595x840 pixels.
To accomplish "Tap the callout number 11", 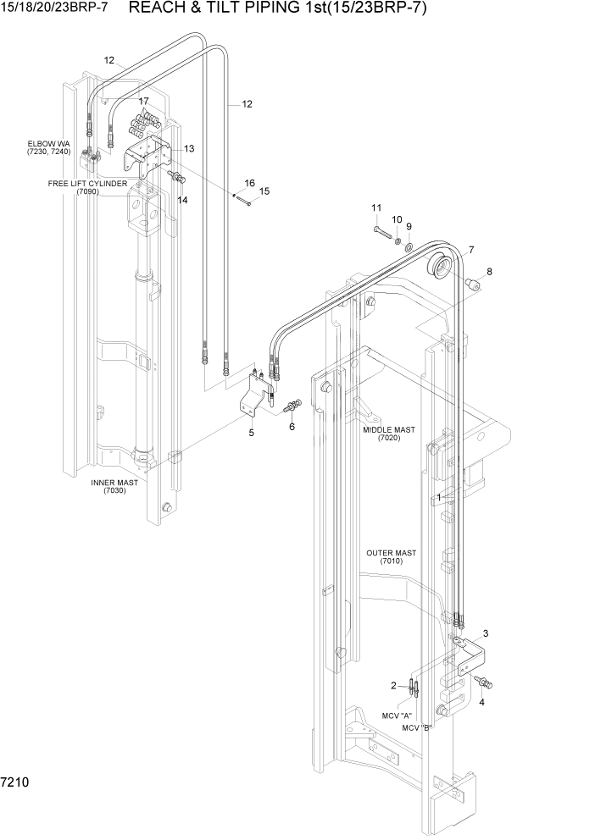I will point(376,208).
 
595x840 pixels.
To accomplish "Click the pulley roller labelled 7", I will point(439,264).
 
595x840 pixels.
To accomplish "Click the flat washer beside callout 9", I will point(408,247).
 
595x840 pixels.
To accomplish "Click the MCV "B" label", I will point(417,727).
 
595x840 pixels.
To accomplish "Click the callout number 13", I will point(188,148).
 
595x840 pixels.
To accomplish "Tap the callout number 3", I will point(485,633).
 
